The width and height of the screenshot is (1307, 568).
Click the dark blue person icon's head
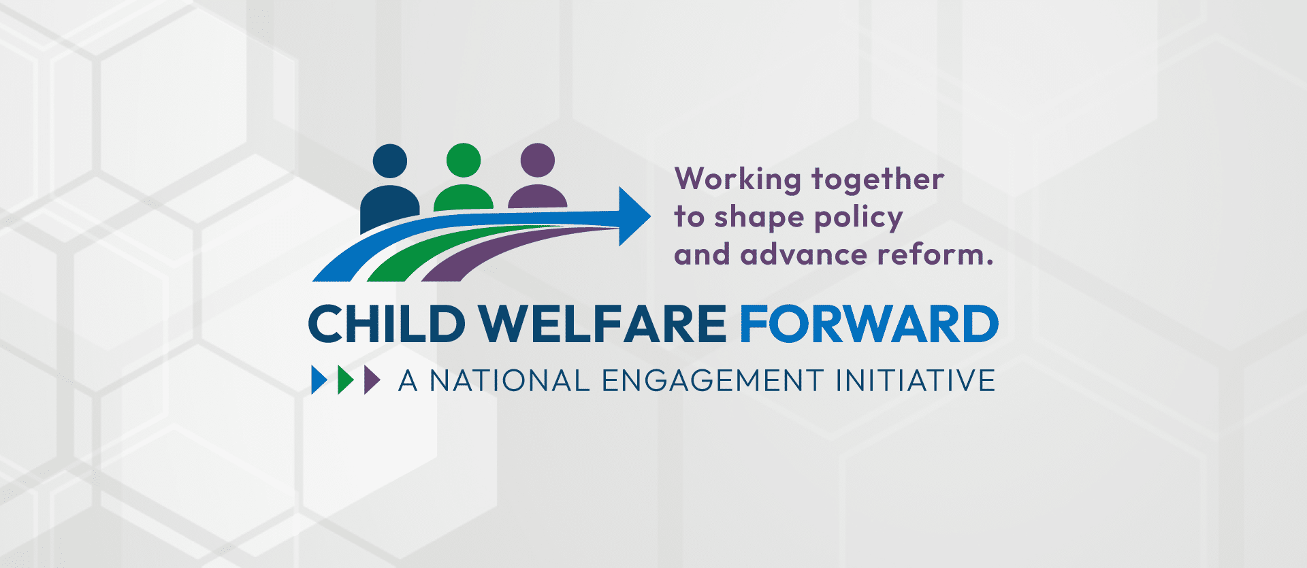coord(390,161)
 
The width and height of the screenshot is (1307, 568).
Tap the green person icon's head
coord(464,161)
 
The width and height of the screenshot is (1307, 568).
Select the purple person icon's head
coord(538,161)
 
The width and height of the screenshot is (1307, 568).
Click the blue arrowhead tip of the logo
coord(651,216)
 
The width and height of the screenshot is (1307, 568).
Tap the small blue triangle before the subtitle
coord(319,380)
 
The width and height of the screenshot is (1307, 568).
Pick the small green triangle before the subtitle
coord(346,380)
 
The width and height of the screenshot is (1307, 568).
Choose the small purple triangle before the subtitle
coord(372,380)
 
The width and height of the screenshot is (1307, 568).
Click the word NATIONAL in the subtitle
coord(510,380)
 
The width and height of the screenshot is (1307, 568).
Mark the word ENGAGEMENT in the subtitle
coord(713,380)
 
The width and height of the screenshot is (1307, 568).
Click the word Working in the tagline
coord(738,180)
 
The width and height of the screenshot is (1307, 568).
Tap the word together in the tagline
coord(878,180)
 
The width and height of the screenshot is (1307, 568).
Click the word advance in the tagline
coord(804,255)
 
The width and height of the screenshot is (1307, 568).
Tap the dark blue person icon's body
coord(389,207)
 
